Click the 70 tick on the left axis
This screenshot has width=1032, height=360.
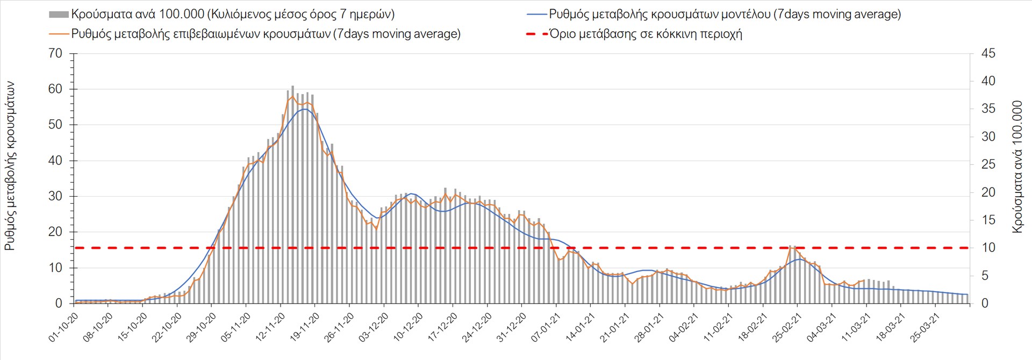55,54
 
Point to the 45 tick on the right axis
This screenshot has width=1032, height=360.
988,54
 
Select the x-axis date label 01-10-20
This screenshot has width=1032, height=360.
63,328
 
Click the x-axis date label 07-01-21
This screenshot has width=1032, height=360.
546,328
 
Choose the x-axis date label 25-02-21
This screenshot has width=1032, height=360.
788,328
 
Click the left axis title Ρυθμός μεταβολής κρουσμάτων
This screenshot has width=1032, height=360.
10,167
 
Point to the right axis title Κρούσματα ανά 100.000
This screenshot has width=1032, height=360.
1017,167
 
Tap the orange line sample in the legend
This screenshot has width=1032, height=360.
59,34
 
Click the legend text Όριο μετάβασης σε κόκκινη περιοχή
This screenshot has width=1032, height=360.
646,34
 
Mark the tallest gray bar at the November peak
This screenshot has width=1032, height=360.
292,193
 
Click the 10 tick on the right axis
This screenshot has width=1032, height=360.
988,248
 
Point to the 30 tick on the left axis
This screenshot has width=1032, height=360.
55,196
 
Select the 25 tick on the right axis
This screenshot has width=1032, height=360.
988,164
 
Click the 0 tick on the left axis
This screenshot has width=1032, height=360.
59,304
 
